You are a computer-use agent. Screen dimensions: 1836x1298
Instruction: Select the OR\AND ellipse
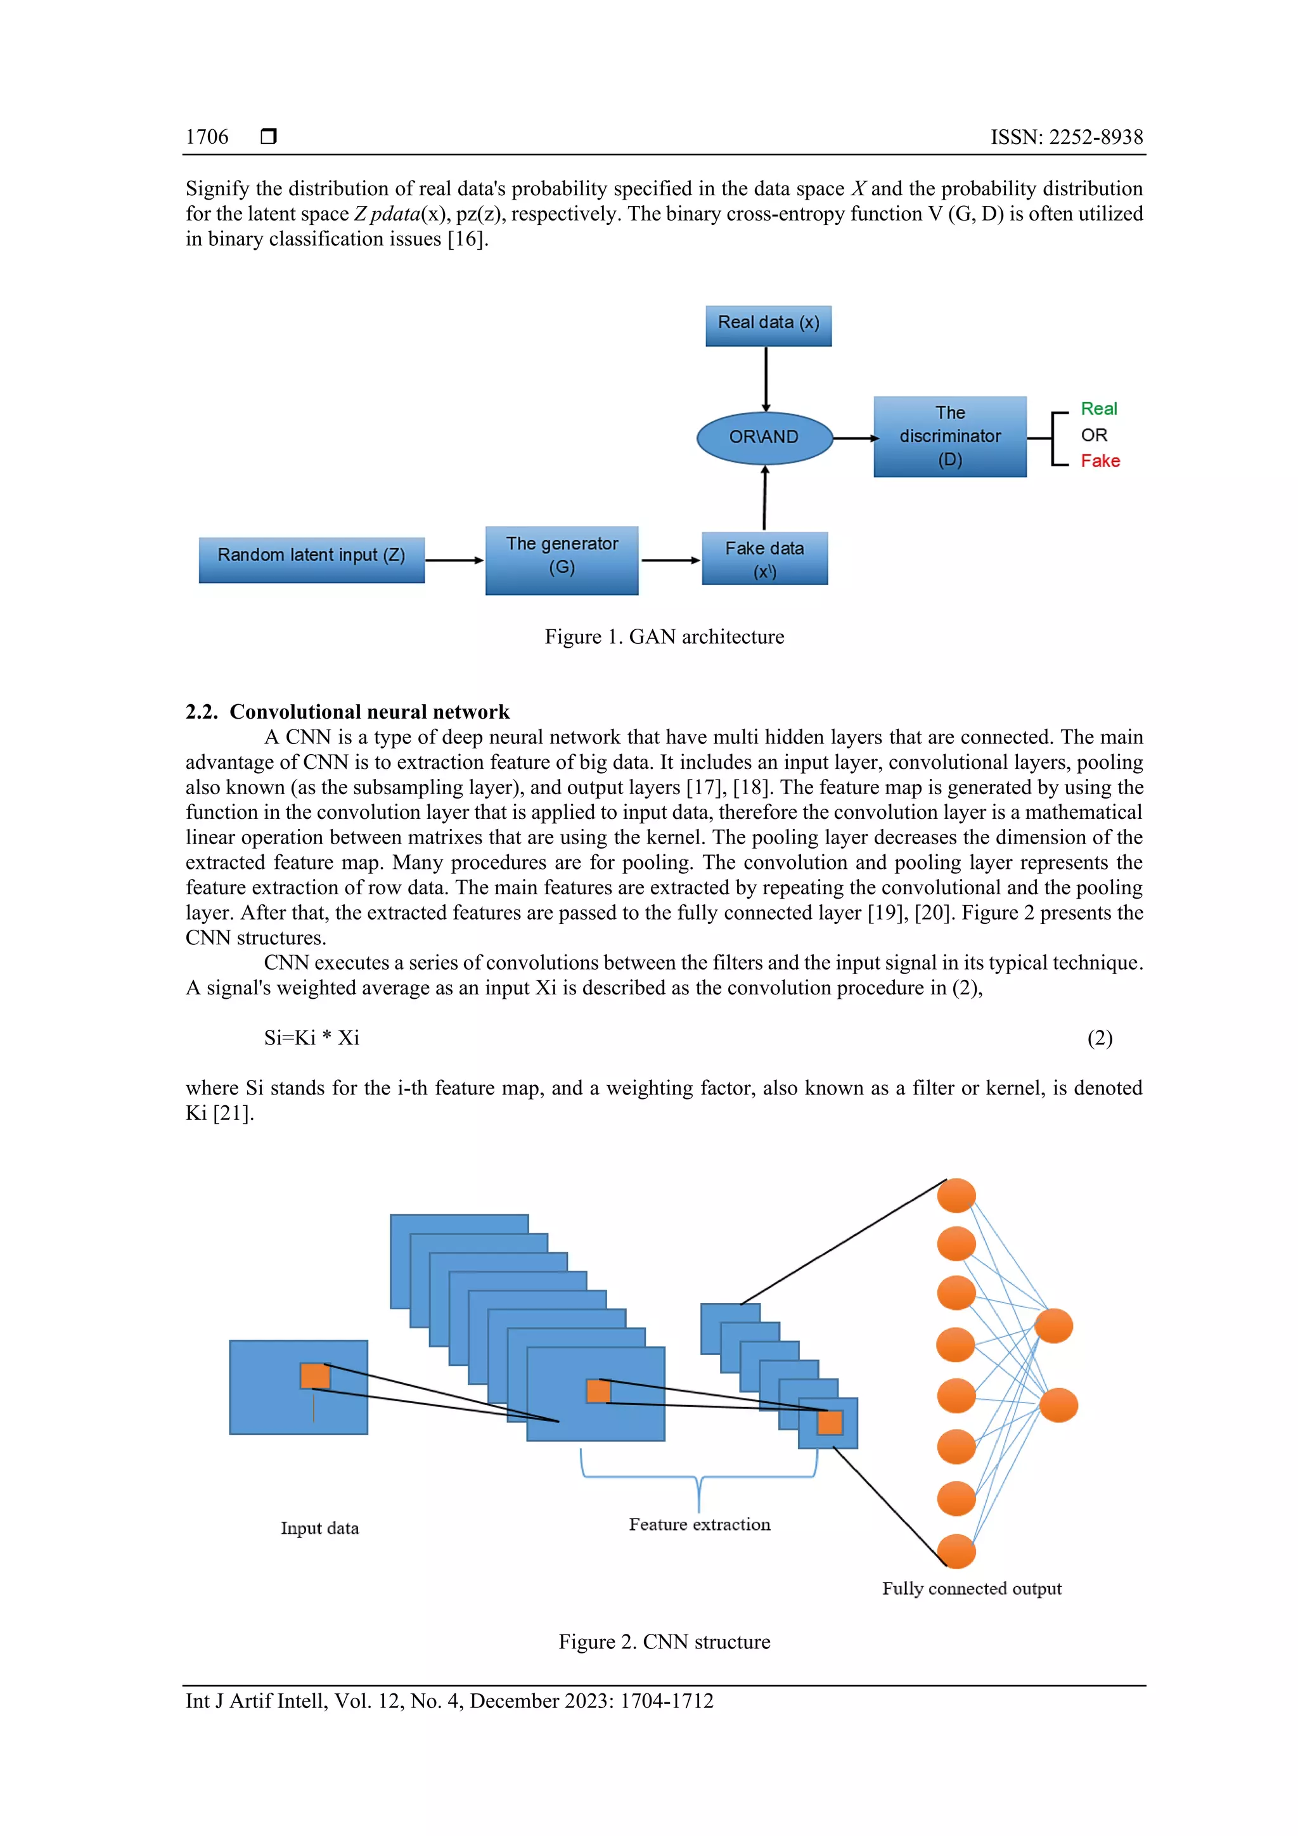coord(764,437)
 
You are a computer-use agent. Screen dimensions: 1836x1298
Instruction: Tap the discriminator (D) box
coord(949,437)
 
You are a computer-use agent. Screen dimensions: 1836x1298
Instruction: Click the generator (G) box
coord(562,559)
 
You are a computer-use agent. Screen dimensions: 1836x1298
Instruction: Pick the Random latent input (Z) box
coord(311,559)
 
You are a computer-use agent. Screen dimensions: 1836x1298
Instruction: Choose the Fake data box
coord(764,558)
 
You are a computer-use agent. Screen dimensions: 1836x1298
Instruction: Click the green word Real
coord(1098,409)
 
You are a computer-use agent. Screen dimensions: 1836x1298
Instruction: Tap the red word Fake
coord(1100,461)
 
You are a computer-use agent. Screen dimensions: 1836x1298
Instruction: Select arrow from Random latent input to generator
coord(453,560)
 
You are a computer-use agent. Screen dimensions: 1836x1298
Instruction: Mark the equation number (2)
coord(1099,1037)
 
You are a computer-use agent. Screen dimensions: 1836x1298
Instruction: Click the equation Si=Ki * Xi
coord(311,1037)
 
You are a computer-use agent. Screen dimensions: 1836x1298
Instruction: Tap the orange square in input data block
coord(314,1375)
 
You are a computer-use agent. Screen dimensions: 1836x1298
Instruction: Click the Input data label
coord(319,1528)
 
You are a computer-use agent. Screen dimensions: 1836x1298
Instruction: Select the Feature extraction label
coord(699,1524)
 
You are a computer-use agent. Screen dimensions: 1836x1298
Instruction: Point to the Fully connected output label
coord(971,1588)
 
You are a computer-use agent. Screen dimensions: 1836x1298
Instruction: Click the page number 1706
coord(207,137)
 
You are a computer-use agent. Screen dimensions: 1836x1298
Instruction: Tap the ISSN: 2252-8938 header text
coord(1066,137)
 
